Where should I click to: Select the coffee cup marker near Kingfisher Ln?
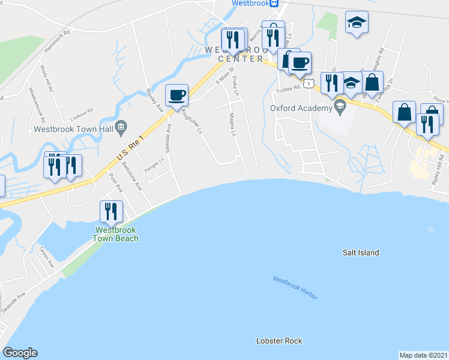[177, 95]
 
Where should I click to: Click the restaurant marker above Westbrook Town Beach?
[111, 212]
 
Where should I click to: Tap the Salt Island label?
[360, 253]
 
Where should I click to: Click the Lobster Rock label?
[279, 341]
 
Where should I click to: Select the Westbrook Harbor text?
[295, 288]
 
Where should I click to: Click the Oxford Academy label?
[301, 108]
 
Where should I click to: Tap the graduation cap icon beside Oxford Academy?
[340, 107]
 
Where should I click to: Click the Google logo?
[20, 353]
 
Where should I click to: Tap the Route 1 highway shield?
[308, 83]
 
